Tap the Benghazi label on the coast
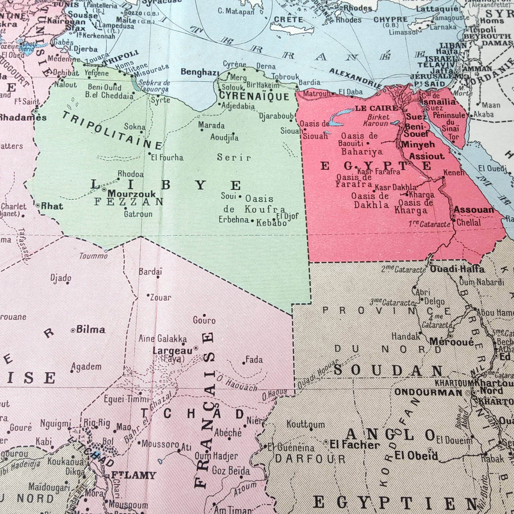[x=200, y=72]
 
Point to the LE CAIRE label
[x=376, y=108]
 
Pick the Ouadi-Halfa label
[x=457, y=269]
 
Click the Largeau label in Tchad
[x=172, y=351]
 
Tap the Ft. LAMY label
[x=133, y=475]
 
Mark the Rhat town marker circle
[x=38, y=205]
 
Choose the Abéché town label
[x=228, y=433]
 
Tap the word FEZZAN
[x=129, y=201]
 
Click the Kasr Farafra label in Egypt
[x=379, y=172]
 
